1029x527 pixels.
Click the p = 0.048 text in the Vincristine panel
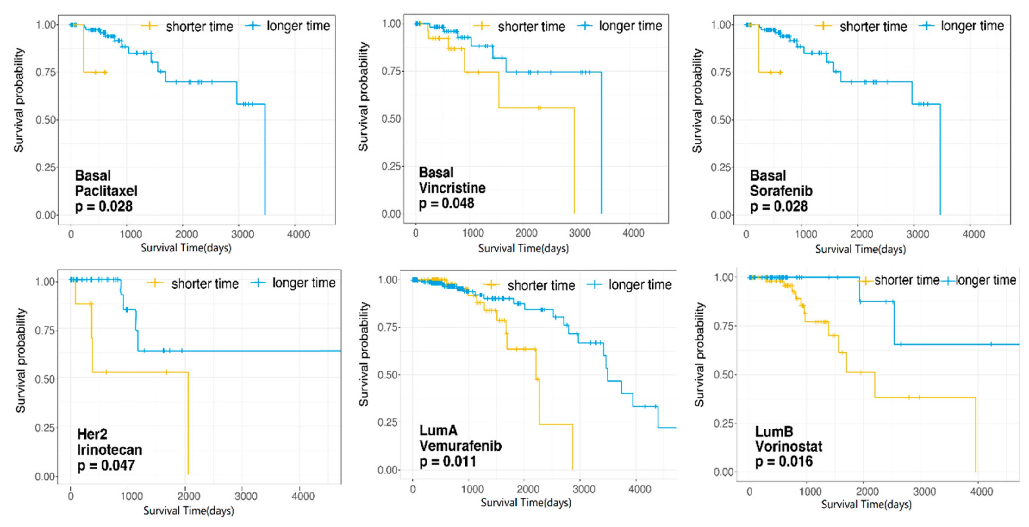(x=446, y=204)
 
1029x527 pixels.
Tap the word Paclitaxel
(x=106, y=191)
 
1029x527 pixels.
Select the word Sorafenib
(x=781, y=191)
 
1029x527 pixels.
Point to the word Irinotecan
(x=109, y=450)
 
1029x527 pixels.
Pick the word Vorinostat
(x=788, y=446)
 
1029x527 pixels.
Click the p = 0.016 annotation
(x=783, y=461)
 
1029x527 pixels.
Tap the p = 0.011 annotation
(x=447, y=461)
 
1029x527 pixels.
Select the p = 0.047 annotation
(x=106, y=466)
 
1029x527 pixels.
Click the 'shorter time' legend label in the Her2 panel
(x=205, y=283)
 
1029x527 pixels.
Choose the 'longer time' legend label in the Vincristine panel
(x=630, y=26)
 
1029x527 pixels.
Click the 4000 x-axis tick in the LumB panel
(x=981, y=492)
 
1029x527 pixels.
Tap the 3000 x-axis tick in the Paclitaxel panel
(x=242, y=234)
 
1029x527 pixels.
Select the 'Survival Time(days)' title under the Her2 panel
(x=189, y=511)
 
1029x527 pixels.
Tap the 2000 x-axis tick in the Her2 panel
(x=189, y=496)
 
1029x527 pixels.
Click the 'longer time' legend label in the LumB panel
(x=985, y=280)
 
